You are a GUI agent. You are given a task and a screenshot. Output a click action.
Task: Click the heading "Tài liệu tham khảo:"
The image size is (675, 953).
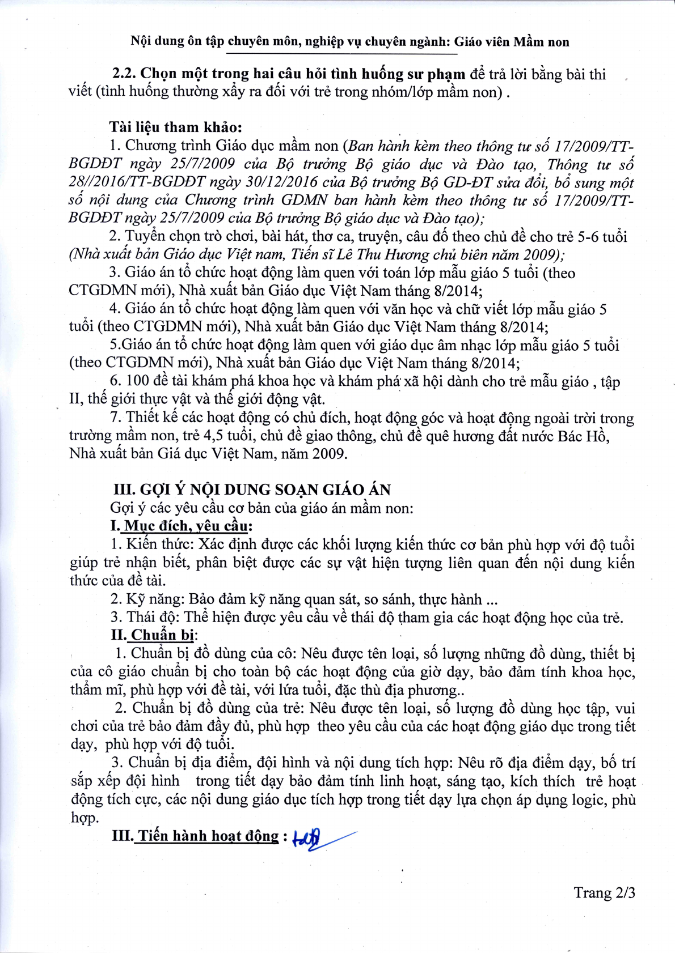pos(176,127)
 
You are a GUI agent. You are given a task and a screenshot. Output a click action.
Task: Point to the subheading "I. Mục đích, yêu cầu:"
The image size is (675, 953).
pos(182,526)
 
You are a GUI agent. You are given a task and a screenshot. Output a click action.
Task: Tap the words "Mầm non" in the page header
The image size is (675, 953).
pos(541,41)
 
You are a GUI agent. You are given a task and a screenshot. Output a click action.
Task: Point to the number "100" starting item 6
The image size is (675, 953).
pos(137,381)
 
